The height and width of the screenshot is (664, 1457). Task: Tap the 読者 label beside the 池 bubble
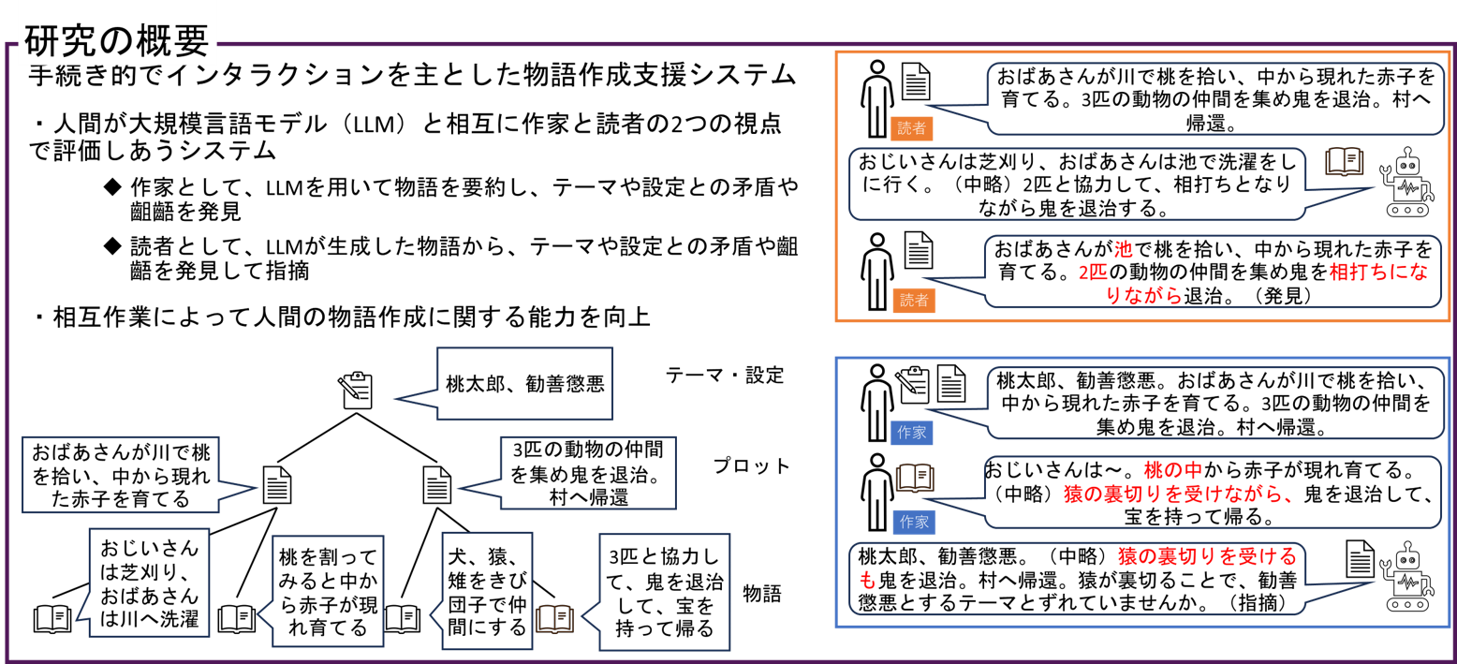(x=914, y=301)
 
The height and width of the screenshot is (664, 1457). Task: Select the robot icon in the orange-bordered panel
(x=1406, y=183)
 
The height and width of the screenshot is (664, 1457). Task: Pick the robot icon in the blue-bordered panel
(x=1406, y=577)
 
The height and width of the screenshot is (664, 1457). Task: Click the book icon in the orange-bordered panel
(x=1344, y=162)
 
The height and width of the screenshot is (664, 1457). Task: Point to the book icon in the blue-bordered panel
(x=915, y=478)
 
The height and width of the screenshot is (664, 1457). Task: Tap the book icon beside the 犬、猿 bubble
(x=554, y=619)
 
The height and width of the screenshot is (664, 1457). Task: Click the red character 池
(x=1123, y=250)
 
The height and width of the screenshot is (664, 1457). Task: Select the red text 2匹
(x=1093, y=273)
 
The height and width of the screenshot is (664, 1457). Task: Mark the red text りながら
(x=1144, y=296)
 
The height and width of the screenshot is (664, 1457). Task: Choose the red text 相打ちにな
(x=1378, y=273)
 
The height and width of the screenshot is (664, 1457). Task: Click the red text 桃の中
(x=1172, y=470)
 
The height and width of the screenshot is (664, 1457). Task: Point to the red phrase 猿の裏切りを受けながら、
(x=1179, y=494)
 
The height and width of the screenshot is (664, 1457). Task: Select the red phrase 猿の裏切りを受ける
(x=1207, y=556)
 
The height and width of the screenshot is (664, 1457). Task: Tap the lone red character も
(x=867, y=581)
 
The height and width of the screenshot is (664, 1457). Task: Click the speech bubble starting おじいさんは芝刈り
(x=149, y=583)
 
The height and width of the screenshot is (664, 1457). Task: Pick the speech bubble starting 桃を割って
(x=328, y=591)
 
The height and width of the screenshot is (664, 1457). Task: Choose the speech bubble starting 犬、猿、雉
(x=487, y=591)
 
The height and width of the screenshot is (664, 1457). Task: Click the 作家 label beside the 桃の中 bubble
(x=914, y=523)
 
